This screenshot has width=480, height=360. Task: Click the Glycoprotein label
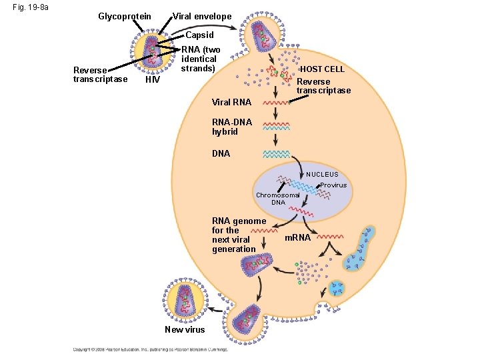pyautogui.click(x=124, y=16)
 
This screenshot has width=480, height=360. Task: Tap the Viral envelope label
pyautogui.click(x=202, y=16)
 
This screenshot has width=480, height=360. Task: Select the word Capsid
pyautogui.click(x=199, y=35)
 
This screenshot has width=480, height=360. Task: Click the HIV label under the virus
pyautogui.click(x=152, y=80)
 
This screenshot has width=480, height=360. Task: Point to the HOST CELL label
pyautogui.click(x=323, y=69)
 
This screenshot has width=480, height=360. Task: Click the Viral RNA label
pyautogui.click(x=231, y=103)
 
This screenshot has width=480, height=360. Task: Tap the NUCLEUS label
pyautogui.click(x=322, y=175)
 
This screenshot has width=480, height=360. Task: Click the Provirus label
pyautogui.click(x=333, y=185)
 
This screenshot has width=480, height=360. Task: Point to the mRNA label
pyautogui.click(x=297, y=237)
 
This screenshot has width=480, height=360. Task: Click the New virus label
pyautogui.click(x=184, y=330)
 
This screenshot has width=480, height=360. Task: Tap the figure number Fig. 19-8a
pyautogui.click(x=25, y=9)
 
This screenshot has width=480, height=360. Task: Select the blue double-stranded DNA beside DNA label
pyautogui.click(x=275, y=154)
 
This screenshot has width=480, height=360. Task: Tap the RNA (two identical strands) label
pyautogui.click(x=199, y=59)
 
